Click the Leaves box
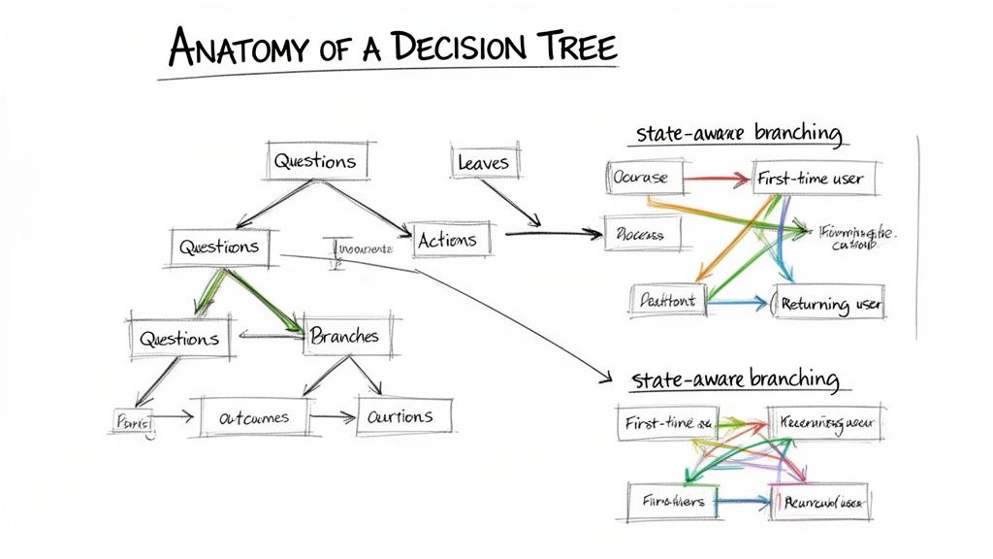pyautogui.click(x=482, y=163)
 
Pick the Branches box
pyautogui.click(x=344, y=336)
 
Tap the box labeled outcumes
pyautogui.click(x=253, y=418)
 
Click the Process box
pyautogui.click(x=644, y=234)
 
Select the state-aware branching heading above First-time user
pyautogui.click(x=739, y=133)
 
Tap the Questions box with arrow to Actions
pyautogui.click(x=314, y=161)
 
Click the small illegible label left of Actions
pyautogui.click(x=363, y=249)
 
